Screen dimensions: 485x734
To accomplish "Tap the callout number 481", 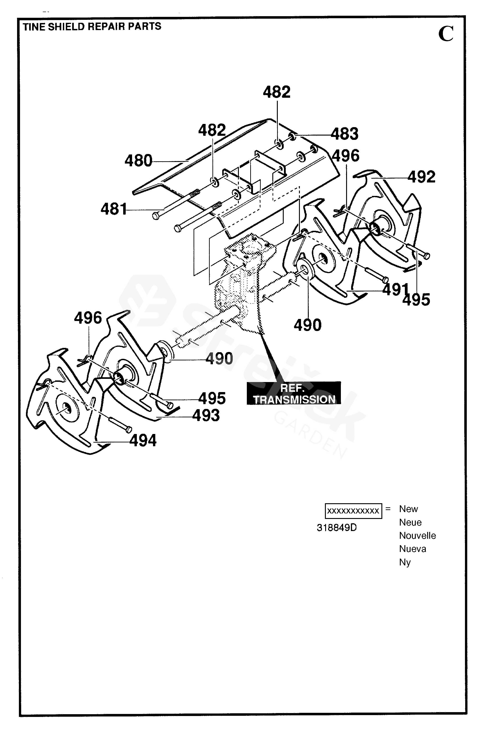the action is (114, 209).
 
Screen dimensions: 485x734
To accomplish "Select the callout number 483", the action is (345, 134).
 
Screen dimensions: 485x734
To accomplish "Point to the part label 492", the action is (421, 177).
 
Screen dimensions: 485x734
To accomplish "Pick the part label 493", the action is (206, 415).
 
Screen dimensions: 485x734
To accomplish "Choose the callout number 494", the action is (143, 440).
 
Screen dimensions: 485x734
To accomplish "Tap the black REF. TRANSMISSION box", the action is (294, 393).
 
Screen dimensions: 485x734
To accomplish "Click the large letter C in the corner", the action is (446, 34).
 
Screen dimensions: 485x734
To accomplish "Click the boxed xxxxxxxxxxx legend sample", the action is (353, 511).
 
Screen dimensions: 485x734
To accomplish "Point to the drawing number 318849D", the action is (337, 528).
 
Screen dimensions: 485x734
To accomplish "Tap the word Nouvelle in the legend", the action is (417, 536).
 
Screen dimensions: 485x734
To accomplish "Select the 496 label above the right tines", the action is (346, 156).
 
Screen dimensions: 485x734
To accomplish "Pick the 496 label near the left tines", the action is (88, 318).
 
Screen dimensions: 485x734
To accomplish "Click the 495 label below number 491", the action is (416, 300).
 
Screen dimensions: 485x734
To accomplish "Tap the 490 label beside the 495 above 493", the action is (219, 359).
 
